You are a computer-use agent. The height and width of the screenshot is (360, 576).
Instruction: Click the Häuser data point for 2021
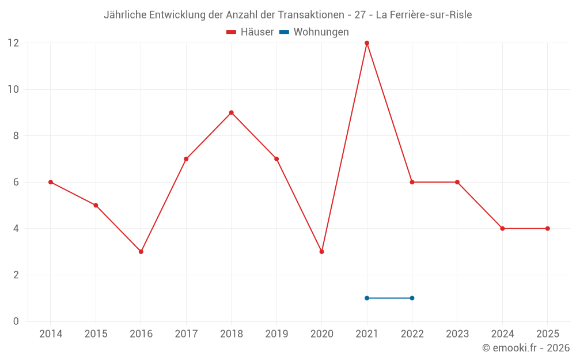[367, 43]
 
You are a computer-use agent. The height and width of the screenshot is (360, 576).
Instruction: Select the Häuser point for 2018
[232, 112]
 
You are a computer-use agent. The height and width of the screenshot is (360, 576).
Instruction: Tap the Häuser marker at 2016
[141, 252]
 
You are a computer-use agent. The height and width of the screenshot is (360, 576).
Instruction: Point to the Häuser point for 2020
[322, 252]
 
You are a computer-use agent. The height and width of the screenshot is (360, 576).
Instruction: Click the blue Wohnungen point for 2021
[367, 298]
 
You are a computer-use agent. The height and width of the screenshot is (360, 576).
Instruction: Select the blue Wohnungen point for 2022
[412, 298]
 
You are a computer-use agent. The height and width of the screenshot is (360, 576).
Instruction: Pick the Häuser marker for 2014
[51, 182]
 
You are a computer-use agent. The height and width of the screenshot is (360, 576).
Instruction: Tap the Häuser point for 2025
[548, 229]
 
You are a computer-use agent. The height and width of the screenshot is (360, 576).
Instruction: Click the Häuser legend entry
[250, 32]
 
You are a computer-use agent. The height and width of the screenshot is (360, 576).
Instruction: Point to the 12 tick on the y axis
[13, 43]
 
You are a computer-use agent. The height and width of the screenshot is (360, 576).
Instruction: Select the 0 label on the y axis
[16, 321]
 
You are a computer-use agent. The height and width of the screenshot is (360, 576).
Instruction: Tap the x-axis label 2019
[276, 334]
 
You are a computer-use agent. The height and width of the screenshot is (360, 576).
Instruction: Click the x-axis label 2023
[457, 334]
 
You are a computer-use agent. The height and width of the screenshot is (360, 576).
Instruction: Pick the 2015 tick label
[96, 334]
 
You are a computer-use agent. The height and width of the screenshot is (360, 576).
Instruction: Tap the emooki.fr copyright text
[526, 348]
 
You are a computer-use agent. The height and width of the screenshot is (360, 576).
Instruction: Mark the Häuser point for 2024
[502, 229]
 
